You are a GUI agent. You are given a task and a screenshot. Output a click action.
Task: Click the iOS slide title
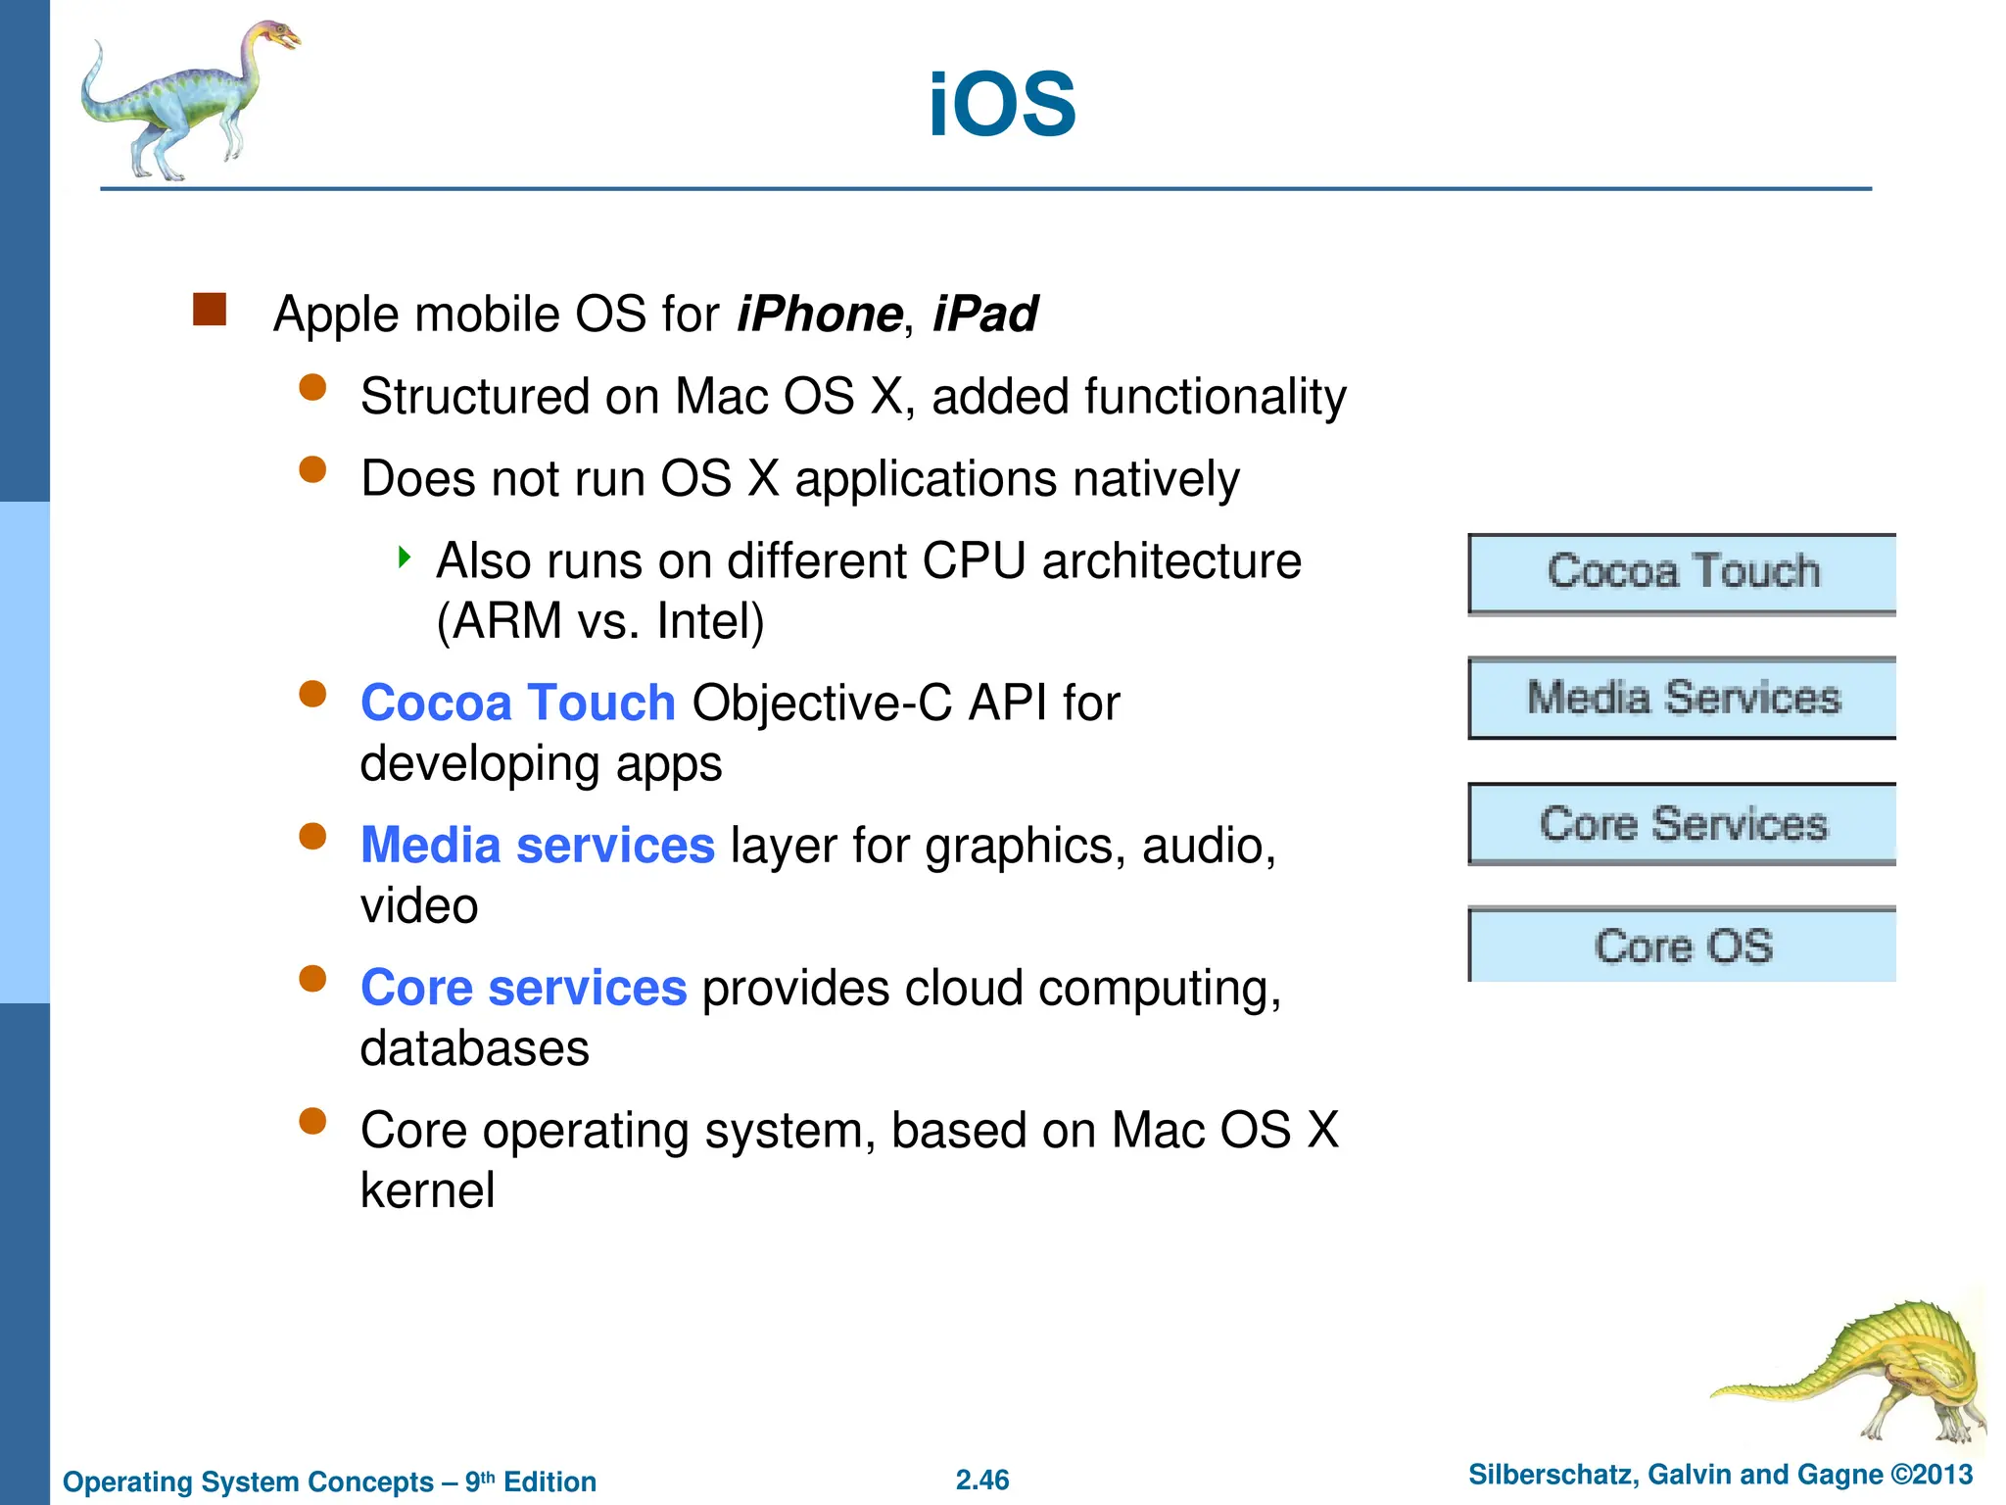point(1001,105)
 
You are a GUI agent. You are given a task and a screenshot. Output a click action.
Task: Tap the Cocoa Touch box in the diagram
point(1682,573)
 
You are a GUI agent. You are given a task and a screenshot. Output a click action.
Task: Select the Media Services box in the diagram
point(1682,698)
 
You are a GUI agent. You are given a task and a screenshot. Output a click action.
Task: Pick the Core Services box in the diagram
point(1682,824)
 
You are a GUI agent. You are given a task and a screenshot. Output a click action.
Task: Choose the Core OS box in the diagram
point(1682,946)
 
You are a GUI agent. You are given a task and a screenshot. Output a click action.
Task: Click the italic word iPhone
point(819,315)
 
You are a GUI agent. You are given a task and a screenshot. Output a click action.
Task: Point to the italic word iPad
point(984,315)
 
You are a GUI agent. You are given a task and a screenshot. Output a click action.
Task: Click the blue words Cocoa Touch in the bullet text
point(517,703)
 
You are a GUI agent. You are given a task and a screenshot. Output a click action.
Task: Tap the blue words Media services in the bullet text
point(537,845)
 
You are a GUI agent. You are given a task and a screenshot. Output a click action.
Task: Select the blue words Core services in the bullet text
point(523,988)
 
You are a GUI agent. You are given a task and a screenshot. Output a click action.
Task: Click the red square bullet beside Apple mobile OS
point(210,310)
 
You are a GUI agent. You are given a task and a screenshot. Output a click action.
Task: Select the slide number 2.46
point(982,1480)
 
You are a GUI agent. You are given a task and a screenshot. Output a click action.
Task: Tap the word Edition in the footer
point(549,1481)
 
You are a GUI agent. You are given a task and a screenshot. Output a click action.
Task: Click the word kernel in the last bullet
point(427,1191)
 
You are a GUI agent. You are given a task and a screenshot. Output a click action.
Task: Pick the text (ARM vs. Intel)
point(599,621)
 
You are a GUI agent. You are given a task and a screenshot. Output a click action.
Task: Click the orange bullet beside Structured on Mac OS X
point(312,388)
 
